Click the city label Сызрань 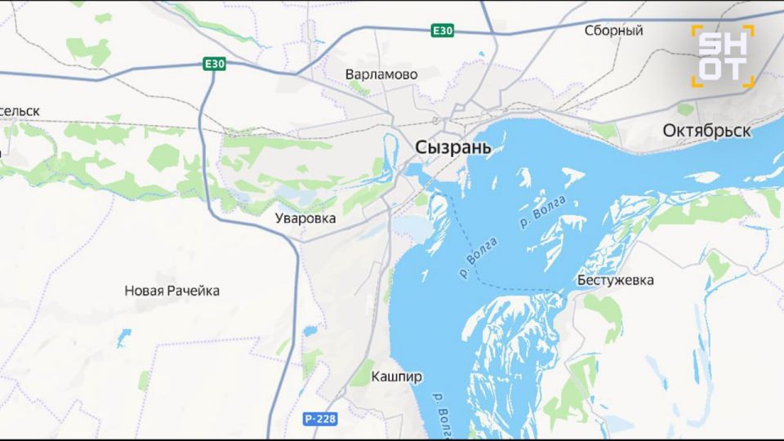tap(453, 148)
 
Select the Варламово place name tap(381, 74)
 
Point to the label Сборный tap(613, 31)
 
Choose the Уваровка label tap(305, 219)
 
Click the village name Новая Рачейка tap(171, 291)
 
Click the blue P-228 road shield tap(320, 419)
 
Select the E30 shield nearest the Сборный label tap(443, 31)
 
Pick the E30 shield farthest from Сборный tap(215, 64)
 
